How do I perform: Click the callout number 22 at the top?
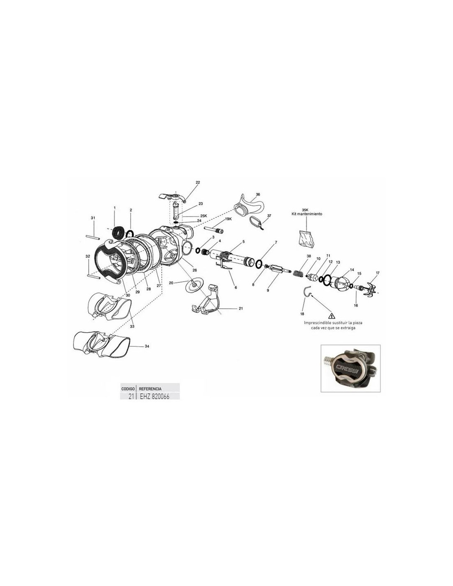(198, 183)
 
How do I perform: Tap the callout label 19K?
(228, 219)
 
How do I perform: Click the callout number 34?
(147, 346)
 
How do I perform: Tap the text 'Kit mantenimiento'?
(307, 214)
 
